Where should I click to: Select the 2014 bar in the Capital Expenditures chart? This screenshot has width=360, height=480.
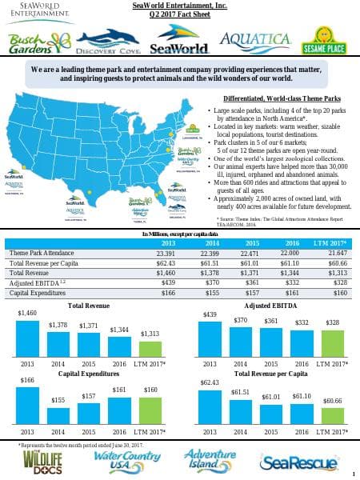click(58, 414)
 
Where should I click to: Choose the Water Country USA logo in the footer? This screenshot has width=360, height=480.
click(122, 462)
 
